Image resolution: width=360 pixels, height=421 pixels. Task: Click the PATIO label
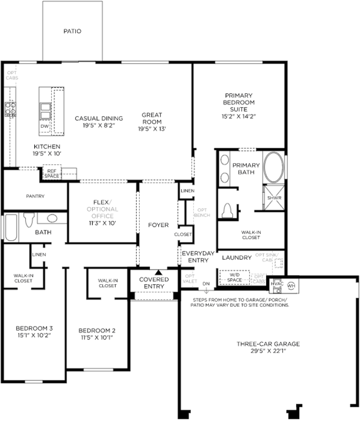pos(72,31)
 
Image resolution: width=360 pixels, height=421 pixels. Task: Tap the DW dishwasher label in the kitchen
pos(45,126)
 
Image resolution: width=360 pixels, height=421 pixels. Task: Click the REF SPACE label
pos(52,173)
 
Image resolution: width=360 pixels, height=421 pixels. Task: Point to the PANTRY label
pos(35,196)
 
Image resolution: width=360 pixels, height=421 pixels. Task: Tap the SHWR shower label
pos(274,198)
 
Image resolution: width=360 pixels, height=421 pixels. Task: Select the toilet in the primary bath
pos(227,210)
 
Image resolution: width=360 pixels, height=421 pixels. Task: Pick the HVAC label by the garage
pos(277,284)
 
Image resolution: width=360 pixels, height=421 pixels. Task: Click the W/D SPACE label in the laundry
pos(235,278)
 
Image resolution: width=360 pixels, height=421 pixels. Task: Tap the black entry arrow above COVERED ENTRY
pos(159,272)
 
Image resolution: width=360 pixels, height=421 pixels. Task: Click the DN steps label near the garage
pos(206,284)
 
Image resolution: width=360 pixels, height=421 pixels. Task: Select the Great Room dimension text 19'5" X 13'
pos(152,129)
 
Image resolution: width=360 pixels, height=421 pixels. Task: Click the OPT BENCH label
pos(202,213)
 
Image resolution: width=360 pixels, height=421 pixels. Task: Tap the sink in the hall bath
pos(52,219)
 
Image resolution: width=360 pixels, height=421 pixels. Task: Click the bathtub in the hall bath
pos(11,228)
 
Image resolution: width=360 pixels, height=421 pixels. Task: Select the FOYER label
pos(158,225)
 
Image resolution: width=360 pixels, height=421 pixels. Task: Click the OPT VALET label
pos(190,279)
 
